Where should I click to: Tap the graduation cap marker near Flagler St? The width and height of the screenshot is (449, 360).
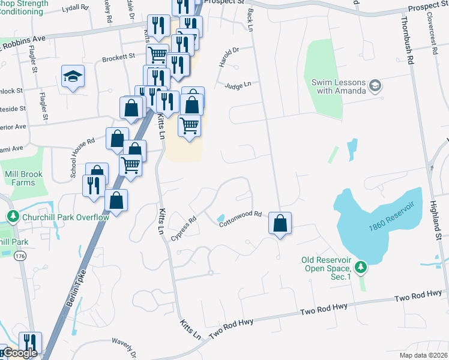[73, 76]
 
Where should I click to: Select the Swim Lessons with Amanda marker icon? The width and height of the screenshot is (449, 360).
[376, 85]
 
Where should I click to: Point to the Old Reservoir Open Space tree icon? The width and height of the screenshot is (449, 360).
[360, 266]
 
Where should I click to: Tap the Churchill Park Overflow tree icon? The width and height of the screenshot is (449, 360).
[12, 216]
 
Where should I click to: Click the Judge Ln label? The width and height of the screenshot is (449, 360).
[238, 86]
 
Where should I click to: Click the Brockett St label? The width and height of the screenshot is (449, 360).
[118, 57]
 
